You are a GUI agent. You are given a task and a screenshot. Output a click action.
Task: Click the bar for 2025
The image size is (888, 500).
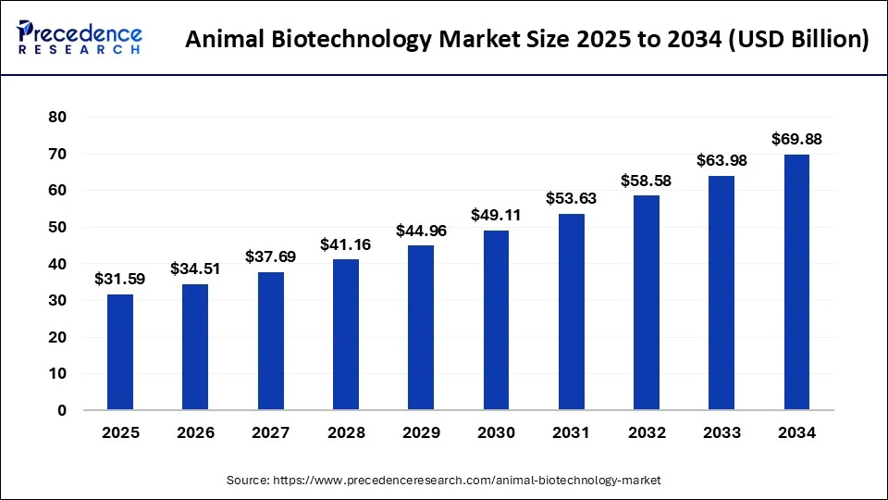coord(120,352)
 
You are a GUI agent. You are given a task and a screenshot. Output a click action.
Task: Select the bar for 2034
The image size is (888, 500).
coord(796,282)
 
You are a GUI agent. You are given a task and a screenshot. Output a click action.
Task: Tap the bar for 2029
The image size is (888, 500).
coord(421,328)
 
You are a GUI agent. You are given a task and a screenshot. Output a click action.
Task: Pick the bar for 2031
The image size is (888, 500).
coord(572,312)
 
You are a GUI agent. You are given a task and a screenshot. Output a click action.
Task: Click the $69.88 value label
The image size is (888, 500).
coord(796,140)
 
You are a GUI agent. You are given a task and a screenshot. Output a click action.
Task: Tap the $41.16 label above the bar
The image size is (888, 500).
coord(345,244)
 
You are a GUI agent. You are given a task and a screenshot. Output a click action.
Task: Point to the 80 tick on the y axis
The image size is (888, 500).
coord(58,118)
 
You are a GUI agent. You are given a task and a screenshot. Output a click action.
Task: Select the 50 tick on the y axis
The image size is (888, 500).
coord(58,228)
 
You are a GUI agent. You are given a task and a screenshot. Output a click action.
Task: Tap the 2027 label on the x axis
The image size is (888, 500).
coord(270,432)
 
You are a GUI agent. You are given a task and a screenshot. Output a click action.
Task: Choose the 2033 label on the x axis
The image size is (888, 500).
coord(721,432)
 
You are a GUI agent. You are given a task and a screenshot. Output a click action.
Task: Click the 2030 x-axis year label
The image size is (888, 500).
coord(496,432)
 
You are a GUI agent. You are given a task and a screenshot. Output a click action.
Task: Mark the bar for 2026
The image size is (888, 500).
coord(195,347)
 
